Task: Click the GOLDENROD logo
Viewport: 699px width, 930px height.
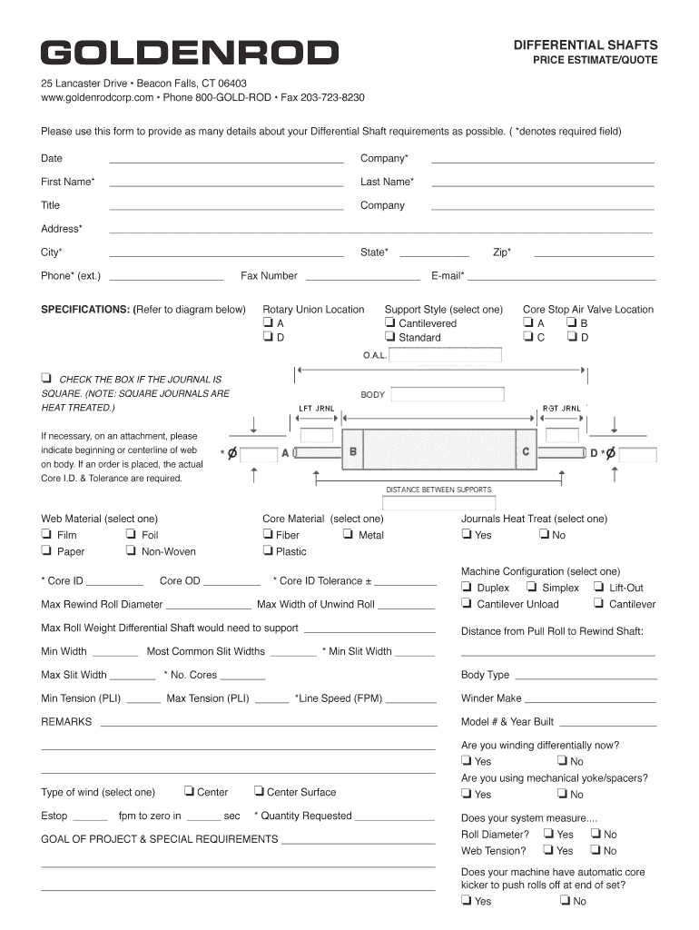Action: (189, 54)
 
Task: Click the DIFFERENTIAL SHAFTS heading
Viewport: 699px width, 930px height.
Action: (586, 45)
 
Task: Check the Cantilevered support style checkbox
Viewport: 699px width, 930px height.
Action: (389, 322)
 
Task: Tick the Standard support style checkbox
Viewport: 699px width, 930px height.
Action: (389, 337)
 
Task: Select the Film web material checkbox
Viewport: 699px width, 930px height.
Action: (46, 535)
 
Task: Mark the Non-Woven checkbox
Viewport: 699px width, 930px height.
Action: (132, 551)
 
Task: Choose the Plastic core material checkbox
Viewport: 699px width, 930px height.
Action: (268, 551)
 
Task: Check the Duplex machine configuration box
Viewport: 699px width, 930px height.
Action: (467, 588)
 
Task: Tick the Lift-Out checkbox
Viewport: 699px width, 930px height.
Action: (599, 588)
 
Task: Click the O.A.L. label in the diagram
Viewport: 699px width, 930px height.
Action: (375, 355)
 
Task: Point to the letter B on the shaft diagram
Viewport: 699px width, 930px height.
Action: (353, 451)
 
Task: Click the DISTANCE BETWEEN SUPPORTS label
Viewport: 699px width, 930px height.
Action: (438, 490)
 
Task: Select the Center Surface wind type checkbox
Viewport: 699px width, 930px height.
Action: (259, 792)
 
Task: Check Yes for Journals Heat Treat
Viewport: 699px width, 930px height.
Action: (467, 535)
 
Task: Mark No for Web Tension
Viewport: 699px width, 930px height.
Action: (595, 851)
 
